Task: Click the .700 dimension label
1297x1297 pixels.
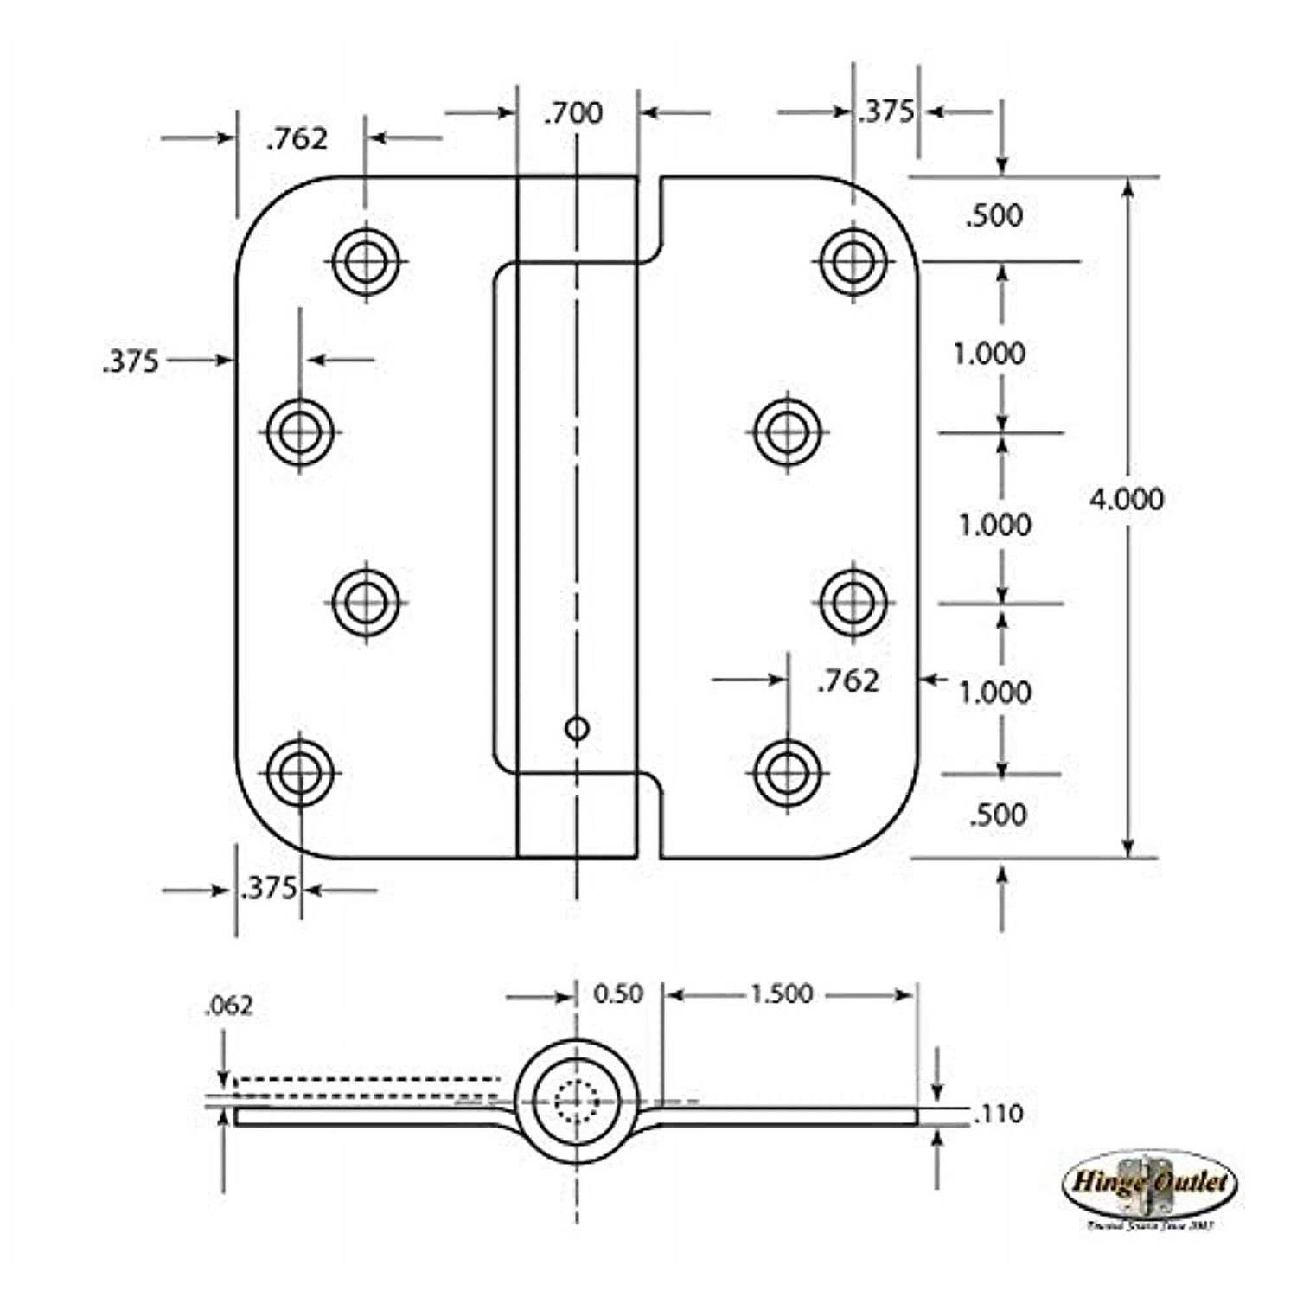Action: point(573,113)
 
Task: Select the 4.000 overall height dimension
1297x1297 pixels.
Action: point(1126,499)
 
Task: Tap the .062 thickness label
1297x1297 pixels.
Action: point(229,1006)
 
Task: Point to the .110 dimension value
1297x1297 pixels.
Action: point(998,1114)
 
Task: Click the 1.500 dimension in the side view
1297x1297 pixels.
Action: point(781,994)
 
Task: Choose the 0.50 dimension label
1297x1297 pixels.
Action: point(617,994)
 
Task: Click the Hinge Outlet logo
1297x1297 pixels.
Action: point(1149,1185)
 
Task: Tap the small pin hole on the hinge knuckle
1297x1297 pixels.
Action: point(577,729)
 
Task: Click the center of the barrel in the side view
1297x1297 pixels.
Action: point(577,1101)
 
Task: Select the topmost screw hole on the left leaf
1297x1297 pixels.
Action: point(366,260)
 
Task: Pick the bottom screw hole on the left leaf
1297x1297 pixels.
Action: point(300,772)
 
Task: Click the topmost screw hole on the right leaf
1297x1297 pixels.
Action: point(853,260)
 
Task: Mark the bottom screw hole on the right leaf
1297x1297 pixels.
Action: point(787,772)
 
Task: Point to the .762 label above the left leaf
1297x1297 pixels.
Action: point(297,138)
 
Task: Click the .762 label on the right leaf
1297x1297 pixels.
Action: point(847,681)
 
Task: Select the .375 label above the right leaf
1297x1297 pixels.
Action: point(885,112)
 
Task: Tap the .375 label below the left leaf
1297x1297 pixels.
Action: point(268,888)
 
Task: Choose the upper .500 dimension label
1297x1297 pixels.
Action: point(994,215)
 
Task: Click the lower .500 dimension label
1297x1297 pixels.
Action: point(998,815)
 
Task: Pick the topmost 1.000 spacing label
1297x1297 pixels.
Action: point(989,353)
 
